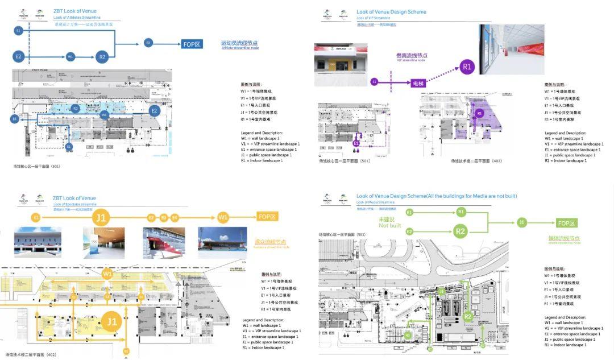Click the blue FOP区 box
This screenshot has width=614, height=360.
click(192, 44)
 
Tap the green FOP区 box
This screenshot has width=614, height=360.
click(567, 223)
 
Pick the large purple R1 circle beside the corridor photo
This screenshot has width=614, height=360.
click(467, 67)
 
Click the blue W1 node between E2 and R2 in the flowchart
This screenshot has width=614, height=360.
click(70, 57)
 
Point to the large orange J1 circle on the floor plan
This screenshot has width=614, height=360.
click(112, 322)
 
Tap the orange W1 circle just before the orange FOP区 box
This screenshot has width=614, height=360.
click(223, 217)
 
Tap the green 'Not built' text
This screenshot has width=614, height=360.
click(390, 222)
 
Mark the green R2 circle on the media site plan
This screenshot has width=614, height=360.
click(468, 316)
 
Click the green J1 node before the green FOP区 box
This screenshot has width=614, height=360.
click(521, 223)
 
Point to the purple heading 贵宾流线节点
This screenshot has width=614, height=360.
click(412, 56)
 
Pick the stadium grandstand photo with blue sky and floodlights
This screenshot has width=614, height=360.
click(222, 243)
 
